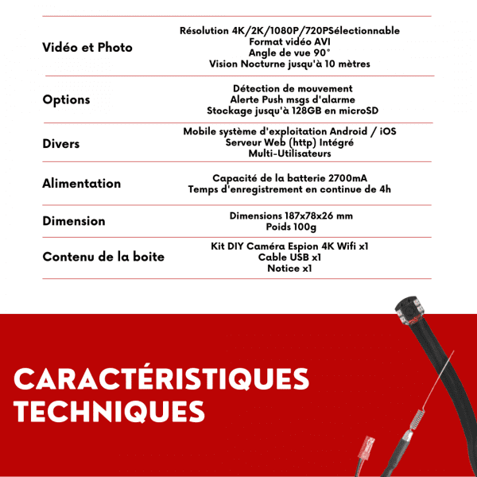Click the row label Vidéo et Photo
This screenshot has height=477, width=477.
(x=87, y=48)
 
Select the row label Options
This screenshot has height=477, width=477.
(x=66, y=100)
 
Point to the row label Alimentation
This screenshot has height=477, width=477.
(x=82, y=184)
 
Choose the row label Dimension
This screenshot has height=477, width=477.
(x=74, y=221)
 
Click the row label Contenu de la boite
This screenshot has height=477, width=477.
(x=103, y=256)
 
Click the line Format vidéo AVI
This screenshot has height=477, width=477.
(x=289, y=41)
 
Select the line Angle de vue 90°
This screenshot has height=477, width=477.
(x=289, y=52)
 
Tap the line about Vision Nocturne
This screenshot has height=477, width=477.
(x=289, y=64)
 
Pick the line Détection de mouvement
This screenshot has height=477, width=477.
(x=293, y=88)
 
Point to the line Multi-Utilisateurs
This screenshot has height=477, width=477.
(x=289, y=153)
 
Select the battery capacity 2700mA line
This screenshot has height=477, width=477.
(x=289, y=178)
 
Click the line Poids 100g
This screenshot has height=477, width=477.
(x=289, y=227)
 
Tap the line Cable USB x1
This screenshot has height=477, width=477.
(x=289, y=258)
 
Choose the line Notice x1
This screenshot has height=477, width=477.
(x=289, y=269)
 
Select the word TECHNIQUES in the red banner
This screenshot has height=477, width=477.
(x=110, y=412)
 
